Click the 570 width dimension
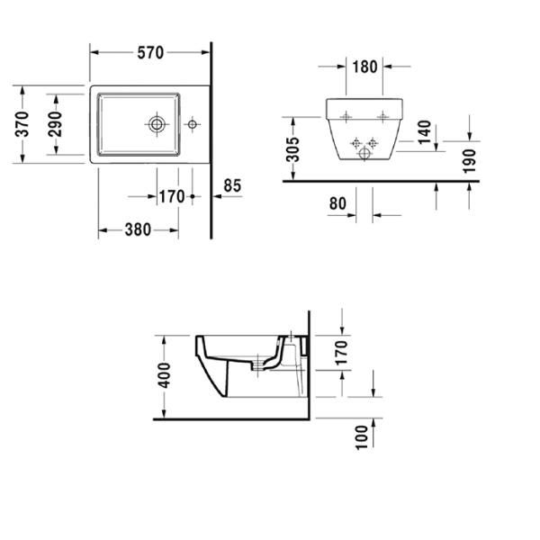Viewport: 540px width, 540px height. (149, 53)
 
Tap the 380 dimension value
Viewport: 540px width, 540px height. (137, 229)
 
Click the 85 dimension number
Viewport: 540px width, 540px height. (232, 186)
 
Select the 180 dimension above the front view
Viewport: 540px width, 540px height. (364, 67)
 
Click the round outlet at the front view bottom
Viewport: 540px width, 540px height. (364, 154)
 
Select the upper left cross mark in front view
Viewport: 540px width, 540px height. (346, 115)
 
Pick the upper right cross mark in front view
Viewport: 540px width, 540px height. (382, 115)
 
